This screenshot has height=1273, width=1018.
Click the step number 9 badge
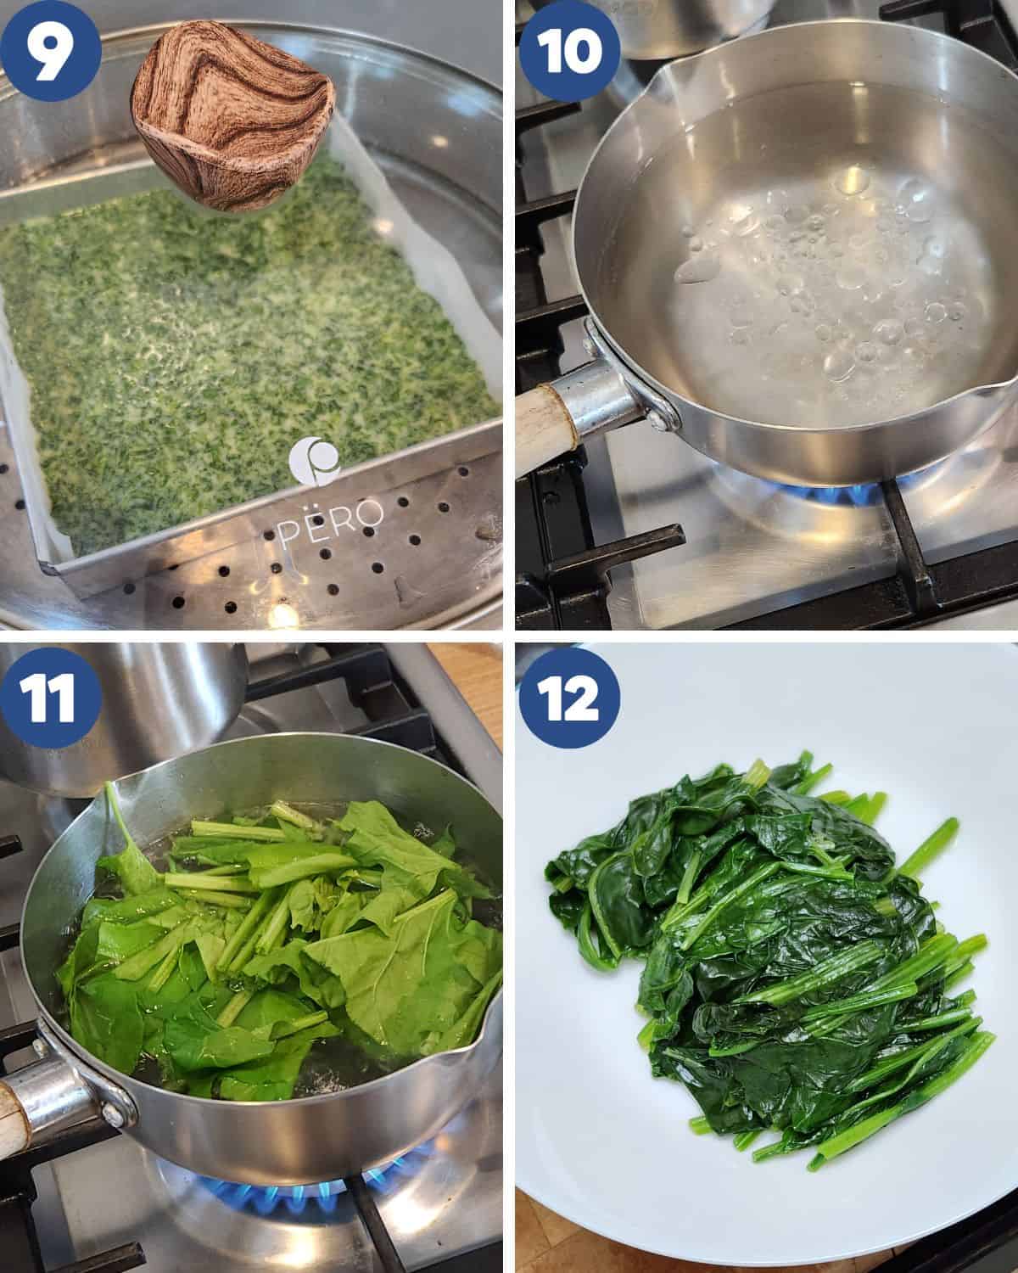tap(50, 51)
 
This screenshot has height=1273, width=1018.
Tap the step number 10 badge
tap(569, 51)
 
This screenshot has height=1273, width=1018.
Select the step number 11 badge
tap(50, 698)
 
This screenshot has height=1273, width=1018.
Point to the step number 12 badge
tap(569, 698)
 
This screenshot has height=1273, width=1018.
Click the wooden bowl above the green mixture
tap(232, 115)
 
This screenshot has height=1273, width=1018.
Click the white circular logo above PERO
tap(314, 462)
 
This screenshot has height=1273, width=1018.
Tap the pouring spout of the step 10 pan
tap(665, 77)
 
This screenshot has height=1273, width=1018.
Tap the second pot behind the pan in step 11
tap(124, 715)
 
